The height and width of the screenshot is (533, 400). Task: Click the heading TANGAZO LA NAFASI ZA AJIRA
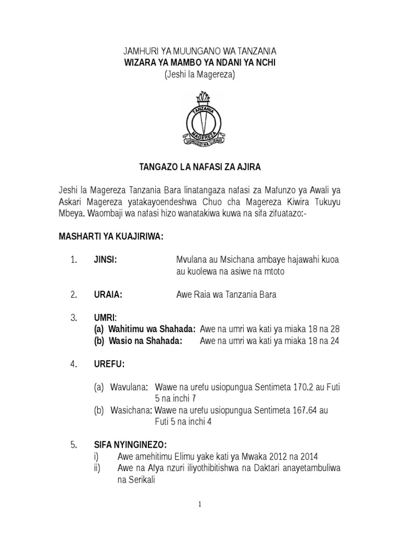(199, 167)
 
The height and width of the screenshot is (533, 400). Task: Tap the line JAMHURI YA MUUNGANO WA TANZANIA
(199, 51)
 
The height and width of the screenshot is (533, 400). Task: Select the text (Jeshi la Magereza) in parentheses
(200, 74)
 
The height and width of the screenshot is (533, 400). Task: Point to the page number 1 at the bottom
(199, 504)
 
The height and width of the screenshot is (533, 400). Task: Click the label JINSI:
(105, 260)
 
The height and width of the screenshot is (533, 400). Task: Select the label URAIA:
(108, 295)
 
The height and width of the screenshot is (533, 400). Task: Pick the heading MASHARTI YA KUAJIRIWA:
(111, 237)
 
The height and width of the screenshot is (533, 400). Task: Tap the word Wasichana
(131, 411)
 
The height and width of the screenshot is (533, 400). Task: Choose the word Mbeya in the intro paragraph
(71, 213)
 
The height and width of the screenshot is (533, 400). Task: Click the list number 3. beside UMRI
(73, 318)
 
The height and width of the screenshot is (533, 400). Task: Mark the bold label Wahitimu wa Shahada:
(144, 329)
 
